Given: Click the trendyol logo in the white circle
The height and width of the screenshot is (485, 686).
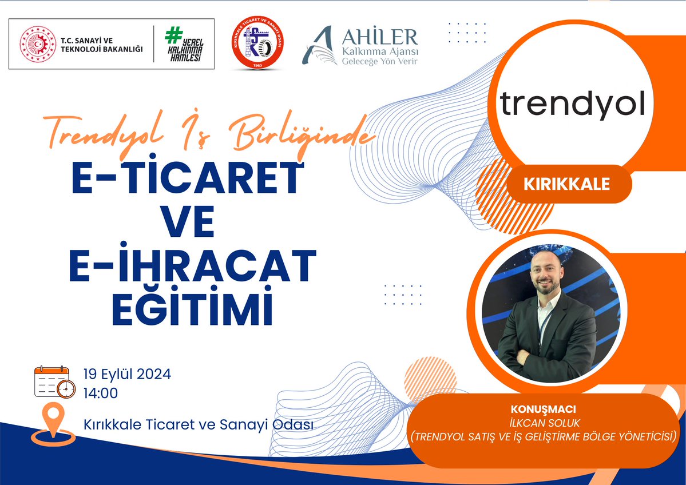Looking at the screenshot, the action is (573, 105).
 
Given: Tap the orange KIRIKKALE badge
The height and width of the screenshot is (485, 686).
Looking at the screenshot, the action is (566, 184).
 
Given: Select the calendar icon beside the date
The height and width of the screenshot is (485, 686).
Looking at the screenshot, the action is (55, 382).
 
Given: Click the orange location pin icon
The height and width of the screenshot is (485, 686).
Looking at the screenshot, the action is (53, 424).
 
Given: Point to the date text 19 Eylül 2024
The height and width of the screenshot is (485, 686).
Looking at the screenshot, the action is (127, 375).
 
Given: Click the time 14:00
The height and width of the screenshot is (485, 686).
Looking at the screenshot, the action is (101, 393).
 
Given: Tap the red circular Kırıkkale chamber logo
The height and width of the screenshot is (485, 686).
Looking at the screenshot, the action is (257, 43).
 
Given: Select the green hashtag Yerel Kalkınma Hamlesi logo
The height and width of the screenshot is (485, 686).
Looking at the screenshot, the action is (184, 44).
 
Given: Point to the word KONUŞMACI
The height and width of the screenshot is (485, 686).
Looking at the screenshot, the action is (543, 410).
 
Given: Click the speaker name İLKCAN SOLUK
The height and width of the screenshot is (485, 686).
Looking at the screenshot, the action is (543, 423).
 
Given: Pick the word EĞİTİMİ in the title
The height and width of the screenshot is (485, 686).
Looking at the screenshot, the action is (192, 305).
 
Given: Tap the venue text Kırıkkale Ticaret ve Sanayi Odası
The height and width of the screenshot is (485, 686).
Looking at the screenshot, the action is (198, 424).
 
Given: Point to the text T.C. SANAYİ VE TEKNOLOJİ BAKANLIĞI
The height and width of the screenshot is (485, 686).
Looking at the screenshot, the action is (102, 45).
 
